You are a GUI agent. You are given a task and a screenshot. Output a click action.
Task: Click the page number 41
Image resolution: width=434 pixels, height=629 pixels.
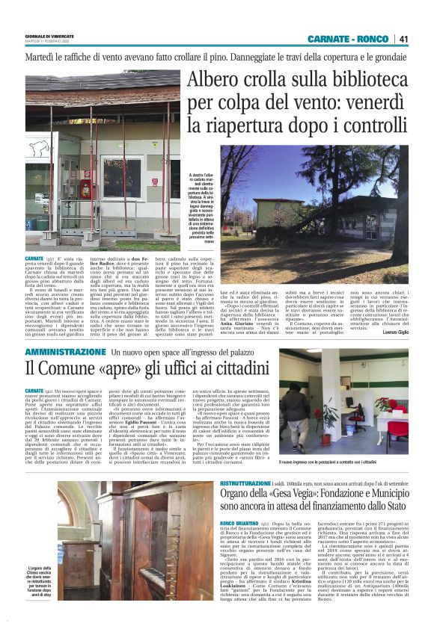(x=403, y=39)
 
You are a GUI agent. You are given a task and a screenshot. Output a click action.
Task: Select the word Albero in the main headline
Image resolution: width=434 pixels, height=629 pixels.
(x=218, y=80)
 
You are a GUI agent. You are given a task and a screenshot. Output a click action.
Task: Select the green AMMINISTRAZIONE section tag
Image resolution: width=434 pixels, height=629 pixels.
(x=65, y=350)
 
